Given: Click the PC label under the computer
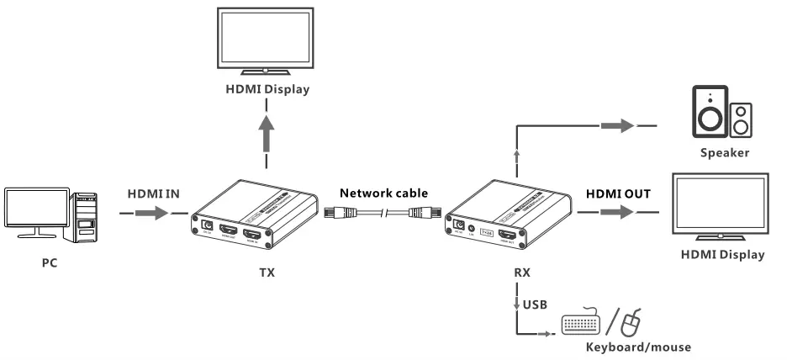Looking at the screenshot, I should [x=50, y=262].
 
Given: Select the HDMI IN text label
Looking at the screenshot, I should [x=154, y=193].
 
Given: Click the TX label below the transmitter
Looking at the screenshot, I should [x=267, y=273].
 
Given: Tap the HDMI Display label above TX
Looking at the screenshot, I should [x=267, y=92].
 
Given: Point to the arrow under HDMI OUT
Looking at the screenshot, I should [x=617, y=214].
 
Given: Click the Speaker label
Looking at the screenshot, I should [x=725, y=153].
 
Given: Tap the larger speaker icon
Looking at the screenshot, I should [x=710, y=113].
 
